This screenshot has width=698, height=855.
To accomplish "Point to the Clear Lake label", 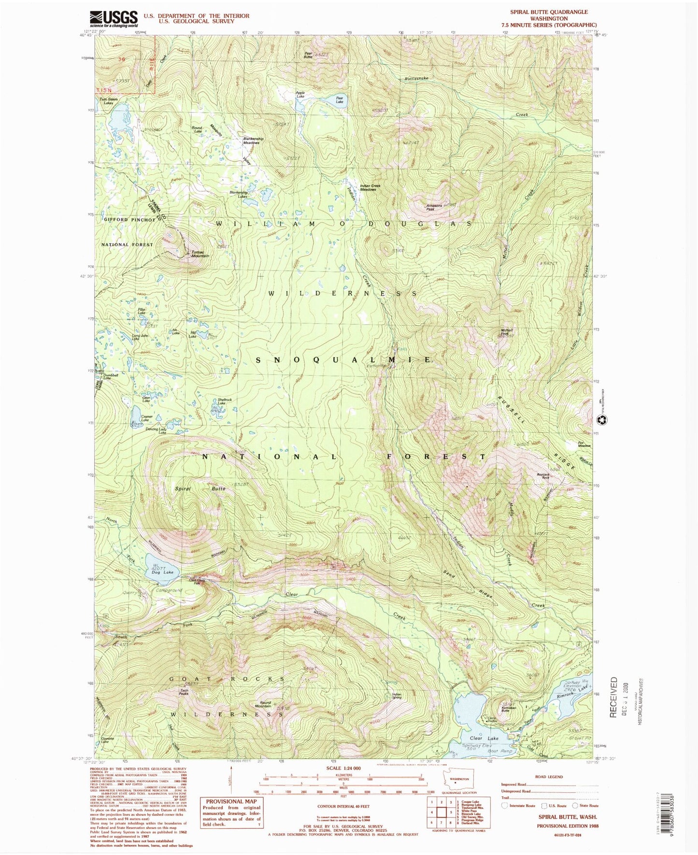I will point(484,739).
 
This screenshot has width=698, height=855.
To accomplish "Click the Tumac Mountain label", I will point(200,254).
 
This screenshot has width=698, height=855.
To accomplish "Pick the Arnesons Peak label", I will point(434,208).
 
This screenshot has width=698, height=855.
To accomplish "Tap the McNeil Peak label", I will point(505,332).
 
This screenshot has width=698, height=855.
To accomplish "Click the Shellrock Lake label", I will point(225,401).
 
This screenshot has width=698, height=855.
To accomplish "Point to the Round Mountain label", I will point(265,704).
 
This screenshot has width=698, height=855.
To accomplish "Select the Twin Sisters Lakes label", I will point(108,101).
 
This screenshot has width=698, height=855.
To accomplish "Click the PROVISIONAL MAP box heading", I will point(232,801).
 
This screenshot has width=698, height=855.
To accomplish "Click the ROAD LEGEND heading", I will point(549,777).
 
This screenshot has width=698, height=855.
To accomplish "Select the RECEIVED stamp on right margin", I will point(613,697).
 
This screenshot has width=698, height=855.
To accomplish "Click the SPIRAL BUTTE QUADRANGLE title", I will point(549,12).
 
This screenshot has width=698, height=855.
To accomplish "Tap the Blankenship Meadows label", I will point(251,141).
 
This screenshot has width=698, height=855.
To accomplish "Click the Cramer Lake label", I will point(146,418).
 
